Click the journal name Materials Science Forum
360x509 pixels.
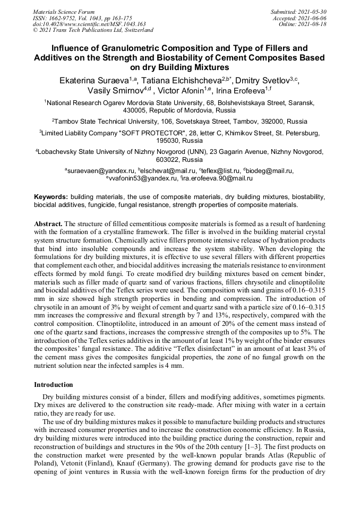click(64, 11)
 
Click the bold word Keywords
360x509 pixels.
click(51, 196)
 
